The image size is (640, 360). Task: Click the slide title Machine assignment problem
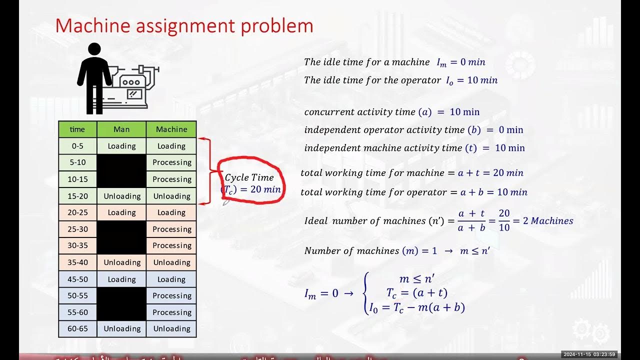(x=184, y=26)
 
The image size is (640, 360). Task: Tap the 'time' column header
(x=77, y=129)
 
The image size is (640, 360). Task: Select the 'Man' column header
(x=121, y=129)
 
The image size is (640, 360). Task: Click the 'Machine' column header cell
(x=171, y=129)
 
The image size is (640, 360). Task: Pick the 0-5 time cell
(x=77, y=146)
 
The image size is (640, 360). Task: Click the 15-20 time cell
(x=77, y=196)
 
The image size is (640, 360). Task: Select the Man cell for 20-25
(x=121, y=212)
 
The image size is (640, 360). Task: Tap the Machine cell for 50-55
(x=171, y=295)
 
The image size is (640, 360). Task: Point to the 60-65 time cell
(x=77, y=328)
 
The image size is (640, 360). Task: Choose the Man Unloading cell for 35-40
(x=121, y=262)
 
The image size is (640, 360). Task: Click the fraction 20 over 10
(x=504, y=220)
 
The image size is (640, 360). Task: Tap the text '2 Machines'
(x=548, y=221)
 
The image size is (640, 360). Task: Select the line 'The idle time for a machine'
(x=366, y=62)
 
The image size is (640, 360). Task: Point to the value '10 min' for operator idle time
(x=482, y=80)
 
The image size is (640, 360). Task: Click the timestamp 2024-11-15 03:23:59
(x=589, y=354)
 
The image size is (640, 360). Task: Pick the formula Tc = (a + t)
(x=416, y=293)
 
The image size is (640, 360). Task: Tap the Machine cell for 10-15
(x=171, y=179)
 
